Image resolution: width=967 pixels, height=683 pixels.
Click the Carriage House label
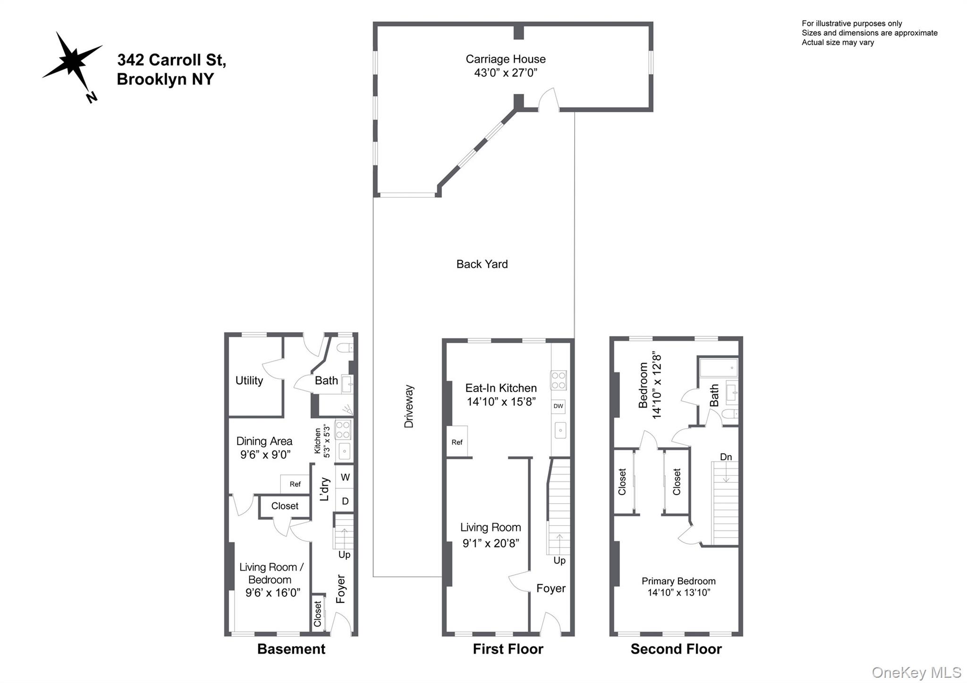[505, 59]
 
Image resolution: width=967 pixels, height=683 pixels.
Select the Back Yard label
[482, 264]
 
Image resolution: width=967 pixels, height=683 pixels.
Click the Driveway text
[409, 406]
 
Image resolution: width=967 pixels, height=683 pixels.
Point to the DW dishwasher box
[558, 406]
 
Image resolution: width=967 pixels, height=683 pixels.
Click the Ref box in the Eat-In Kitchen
[457, 442]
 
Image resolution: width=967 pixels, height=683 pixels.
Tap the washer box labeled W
[345, 477]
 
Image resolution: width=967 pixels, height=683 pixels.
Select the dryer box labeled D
[345, 501]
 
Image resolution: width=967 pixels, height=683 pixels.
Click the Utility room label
[249, 380]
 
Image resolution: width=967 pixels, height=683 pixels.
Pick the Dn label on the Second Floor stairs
[726, 457]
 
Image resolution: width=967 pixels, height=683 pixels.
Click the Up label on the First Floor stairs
[559, 560]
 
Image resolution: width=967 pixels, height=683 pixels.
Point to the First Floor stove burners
[559, 380]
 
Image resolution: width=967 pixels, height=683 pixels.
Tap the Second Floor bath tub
[718, 367]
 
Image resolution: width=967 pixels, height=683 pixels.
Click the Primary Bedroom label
[678, 581]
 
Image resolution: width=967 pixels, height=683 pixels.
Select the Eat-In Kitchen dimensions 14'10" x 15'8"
[501, 402]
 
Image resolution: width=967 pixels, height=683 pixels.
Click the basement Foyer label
[341, 589]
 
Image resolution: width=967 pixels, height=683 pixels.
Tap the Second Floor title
[676, 649]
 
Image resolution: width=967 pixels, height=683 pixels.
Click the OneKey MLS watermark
[916, 672]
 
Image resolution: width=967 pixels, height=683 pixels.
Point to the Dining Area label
[264, 441]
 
